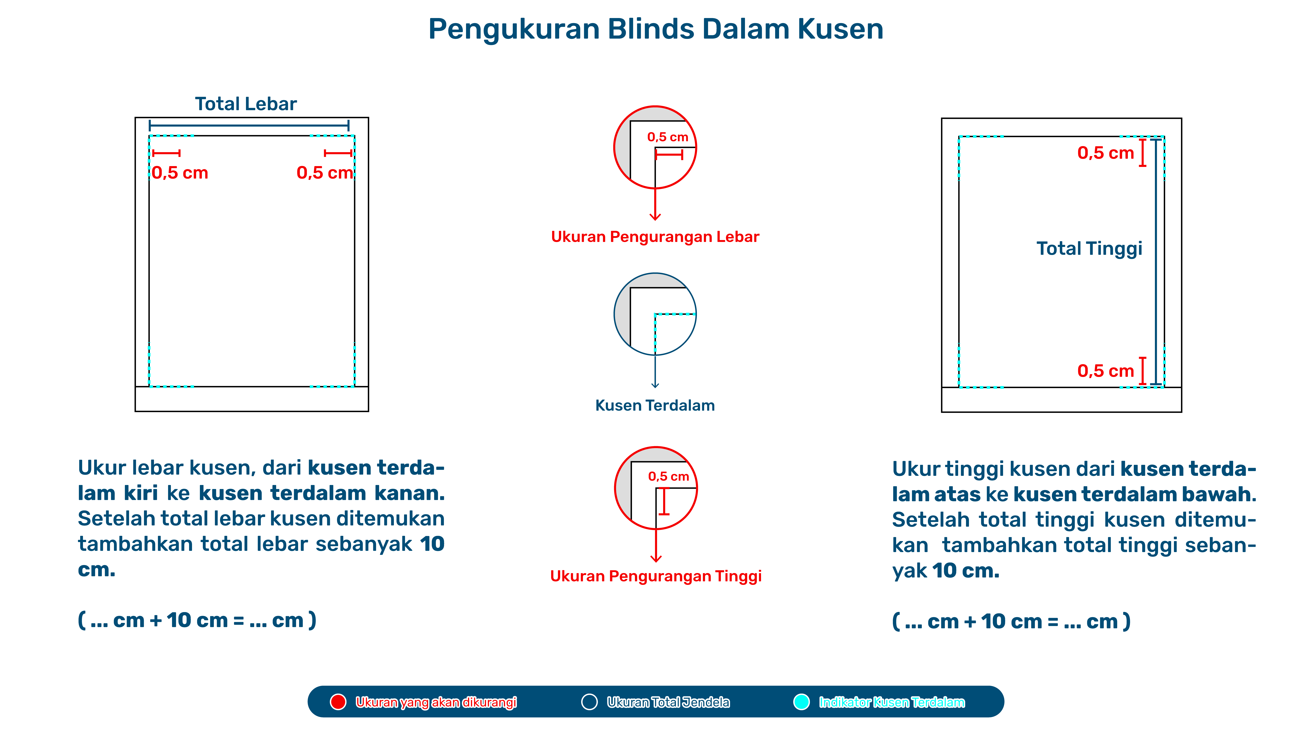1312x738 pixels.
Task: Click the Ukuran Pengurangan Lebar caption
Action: pos(655,237)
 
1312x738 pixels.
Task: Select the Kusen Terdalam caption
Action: pos(655,405)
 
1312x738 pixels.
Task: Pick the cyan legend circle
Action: pos(801,702)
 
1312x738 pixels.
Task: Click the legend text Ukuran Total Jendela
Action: pos(668,702)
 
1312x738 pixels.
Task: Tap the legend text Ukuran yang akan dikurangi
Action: pos(436,702)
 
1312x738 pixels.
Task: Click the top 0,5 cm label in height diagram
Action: pos(1105,153)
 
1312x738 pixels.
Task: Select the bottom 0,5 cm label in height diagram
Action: pos(1105,371)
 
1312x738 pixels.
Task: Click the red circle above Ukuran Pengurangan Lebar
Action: pos(655,147)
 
